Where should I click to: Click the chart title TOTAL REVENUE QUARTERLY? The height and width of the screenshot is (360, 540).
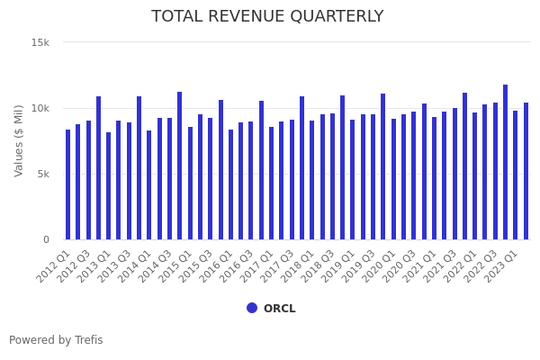point(267,17)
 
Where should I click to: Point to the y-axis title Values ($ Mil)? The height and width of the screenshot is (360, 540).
point(19,140)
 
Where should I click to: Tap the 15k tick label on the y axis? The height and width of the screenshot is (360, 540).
point(40,42)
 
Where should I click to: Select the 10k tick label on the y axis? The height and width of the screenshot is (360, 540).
point(40,108)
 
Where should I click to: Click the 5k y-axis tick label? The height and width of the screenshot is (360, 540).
point(42,174)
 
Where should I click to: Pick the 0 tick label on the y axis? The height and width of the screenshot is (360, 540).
point(46,239)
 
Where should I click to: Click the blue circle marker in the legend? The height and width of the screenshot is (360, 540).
point(252,308)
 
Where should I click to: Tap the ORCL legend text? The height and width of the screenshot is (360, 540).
point(279,309)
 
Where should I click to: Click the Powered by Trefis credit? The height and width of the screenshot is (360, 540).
point(56,340)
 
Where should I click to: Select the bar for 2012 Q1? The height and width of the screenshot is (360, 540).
point(67,184)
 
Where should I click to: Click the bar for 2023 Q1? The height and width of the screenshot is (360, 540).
point(516,175)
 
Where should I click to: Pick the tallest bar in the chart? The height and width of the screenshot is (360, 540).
point(506,162)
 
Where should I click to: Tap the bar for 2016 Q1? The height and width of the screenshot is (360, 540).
point(230,184)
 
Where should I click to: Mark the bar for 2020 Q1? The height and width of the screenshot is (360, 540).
point(393,179)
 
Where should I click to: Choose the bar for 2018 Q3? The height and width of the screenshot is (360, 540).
point(332,176)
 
